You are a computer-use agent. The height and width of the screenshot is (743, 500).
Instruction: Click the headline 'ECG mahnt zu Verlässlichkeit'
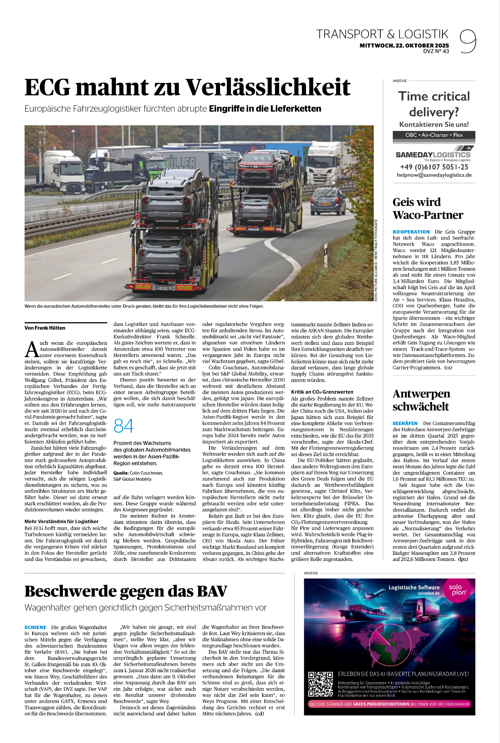coord(187,87)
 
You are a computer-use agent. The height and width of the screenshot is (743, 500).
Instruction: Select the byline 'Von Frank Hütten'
coord(45,328)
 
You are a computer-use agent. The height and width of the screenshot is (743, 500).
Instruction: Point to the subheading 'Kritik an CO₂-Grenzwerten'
coord(322,392)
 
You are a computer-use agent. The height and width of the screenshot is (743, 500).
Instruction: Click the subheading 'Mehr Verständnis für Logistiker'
coord(61,521)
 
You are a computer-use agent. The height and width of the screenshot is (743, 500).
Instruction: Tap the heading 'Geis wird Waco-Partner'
coord(428,208)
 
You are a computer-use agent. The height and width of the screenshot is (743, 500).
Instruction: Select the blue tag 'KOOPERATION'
coord(411,232)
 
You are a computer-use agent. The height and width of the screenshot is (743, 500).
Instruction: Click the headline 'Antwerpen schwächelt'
coord(421,400)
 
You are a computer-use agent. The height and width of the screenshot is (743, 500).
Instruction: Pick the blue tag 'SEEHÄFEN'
coord(405,423)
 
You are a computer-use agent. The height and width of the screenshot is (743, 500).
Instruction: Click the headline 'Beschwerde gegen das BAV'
coord(126,591)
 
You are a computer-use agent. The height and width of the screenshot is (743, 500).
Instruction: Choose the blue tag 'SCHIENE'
coord(35,627)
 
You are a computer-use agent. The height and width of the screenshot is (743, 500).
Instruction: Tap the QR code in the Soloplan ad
coord(320,684)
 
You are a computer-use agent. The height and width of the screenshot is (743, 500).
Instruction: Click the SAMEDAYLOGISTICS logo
coord(433,155)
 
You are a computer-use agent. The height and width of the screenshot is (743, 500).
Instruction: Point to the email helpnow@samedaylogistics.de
coord(434,175)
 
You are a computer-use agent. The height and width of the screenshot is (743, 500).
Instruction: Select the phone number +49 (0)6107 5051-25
coord(434,167)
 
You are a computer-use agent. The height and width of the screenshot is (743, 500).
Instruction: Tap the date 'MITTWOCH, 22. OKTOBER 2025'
coord(404,45)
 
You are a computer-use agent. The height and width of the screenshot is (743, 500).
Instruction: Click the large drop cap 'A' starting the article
coord(32,349)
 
